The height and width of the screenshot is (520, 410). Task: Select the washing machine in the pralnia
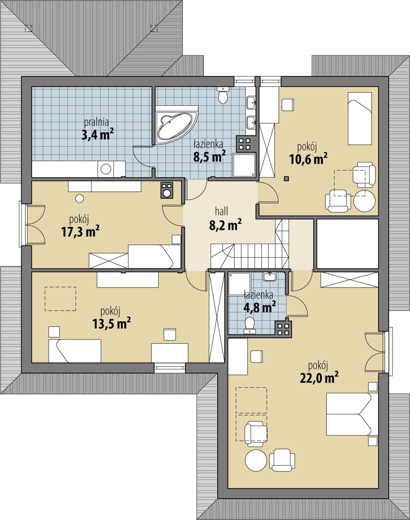pyautogui.click(x=106, y=169)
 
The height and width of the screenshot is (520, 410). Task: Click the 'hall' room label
pyautogui.click(x=221, y=212)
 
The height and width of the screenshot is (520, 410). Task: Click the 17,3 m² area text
pyautogui.click(x=81, y=232)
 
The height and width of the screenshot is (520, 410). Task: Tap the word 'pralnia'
pyautogui.click(x=96, y=123)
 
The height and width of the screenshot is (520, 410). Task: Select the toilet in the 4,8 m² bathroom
pyautogui.click(x=249, y=326)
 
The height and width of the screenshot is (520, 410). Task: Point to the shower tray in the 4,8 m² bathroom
pyautogui.click(x=240, y=284)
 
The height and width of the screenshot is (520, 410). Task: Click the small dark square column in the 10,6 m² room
pyautogui.click(x=287, y=179)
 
